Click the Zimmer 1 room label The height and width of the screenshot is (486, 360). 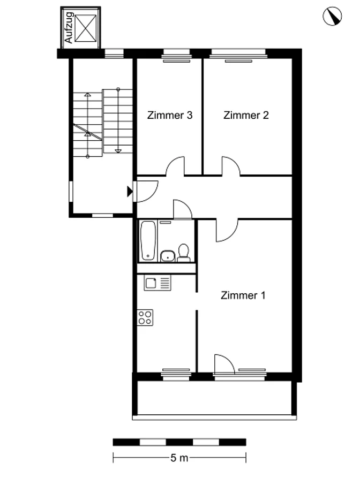pyautogui.click(x=243, y=295)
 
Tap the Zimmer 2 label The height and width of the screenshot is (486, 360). pyautogui.click(x=246, y=115)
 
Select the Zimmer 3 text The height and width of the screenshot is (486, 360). pyautogui.click(x=170, y=115)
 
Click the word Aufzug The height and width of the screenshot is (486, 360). pyautogui.click(x=69, y=28)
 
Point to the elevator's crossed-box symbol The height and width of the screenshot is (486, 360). pyautogui.click(x=86, y=28)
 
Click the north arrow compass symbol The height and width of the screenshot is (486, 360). pyautogui.click(x=332, y=17)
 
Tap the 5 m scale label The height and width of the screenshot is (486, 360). pyautogui.click(x=179, y=458)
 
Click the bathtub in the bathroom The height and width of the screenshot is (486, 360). pyautogui.click(x=148, y=240)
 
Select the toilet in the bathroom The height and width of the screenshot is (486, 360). pyautogui.click(x=184, y=253)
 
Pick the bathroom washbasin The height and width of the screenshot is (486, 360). pyautogui.click(x=168, y=256)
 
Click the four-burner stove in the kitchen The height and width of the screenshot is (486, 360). pyautogui.click(x=145, y=317)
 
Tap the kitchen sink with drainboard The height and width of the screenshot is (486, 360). pyautogui.click(x=157, y=283)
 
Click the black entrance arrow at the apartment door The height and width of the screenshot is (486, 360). pyautogui.click(x=130, y=192)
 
